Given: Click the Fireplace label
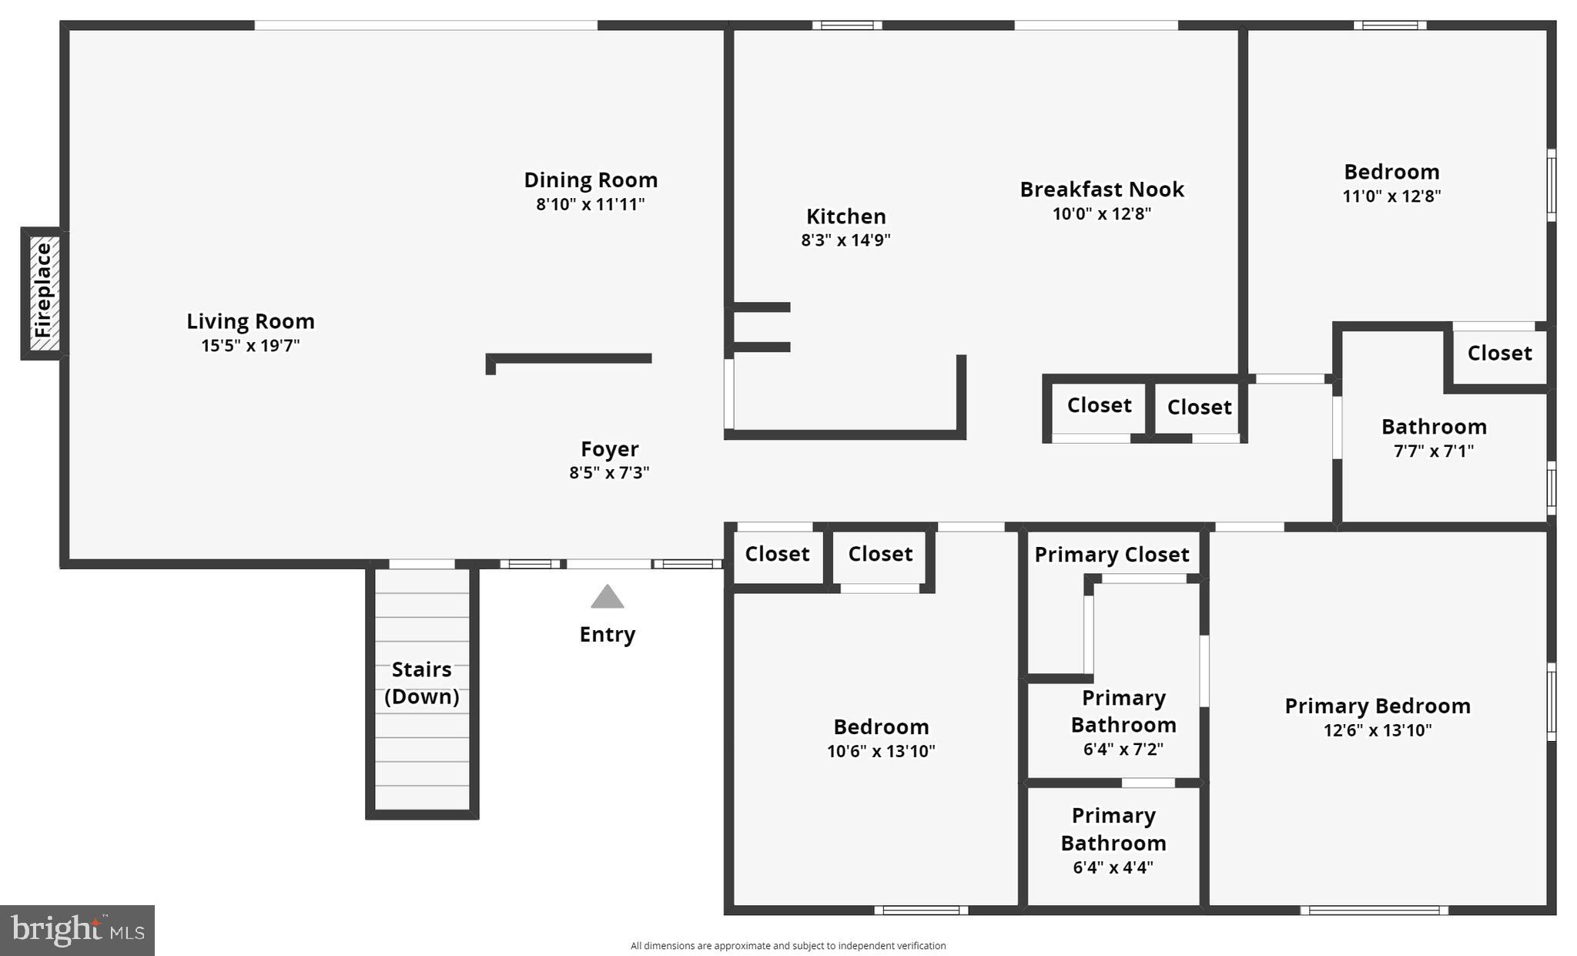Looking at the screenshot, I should tap(43, 290).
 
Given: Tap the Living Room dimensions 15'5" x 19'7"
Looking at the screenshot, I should tap(250, 346).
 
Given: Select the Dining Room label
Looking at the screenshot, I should tap(591, 180).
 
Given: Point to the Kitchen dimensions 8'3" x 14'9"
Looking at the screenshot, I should tap(845, 240).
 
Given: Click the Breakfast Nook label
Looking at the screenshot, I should tap(1101, 190).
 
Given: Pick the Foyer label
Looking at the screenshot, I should tap(609, 449).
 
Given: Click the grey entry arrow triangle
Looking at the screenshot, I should tap(607, 597).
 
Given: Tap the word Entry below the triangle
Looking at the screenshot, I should tap(607, 635).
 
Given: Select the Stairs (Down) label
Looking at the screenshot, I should tap(421, 683).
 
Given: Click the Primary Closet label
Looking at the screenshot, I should tap(1111, 555).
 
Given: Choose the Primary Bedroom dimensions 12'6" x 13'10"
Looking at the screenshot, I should tap(1377, 730).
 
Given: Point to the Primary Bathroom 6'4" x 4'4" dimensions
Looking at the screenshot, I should tap(1113, 868).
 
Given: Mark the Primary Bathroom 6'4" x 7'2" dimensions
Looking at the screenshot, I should tap(1123, 750).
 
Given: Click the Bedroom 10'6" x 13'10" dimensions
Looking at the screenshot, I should tap(881, 751).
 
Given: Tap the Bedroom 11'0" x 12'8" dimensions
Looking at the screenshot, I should tap(1391, 196).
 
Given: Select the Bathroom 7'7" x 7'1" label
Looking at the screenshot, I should tap(1433, 427).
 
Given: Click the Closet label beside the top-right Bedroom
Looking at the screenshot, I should tap(1498, 354).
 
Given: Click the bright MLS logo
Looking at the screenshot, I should tap(77, 930).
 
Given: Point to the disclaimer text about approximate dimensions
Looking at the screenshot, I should tap(788, 946).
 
